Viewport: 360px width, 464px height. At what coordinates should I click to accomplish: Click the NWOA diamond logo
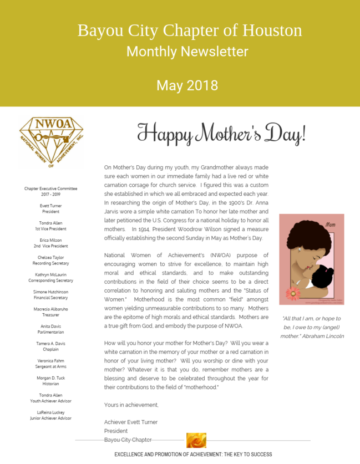click(x=51, y=142)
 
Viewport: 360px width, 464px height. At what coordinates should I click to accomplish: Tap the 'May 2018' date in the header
click(x=187, y=85)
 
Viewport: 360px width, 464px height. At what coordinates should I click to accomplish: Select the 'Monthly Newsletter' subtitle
click(x=187, y=52)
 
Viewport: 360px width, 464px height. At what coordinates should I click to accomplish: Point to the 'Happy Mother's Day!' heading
click(x=221, y=134)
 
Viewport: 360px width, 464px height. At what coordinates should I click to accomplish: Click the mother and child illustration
click(x=311, y=259)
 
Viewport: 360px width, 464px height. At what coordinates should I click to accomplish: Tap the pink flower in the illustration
click(x=292, y=293)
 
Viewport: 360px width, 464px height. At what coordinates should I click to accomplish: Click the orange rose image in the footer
click(x=196, y=441)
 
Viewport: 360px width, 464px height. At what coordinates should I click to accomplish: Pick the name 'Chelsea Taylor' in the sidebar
click(x=50, y=258)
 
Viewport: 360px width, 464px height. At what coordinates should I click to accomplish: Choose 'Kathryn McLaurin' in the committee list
click(x=50, y=275)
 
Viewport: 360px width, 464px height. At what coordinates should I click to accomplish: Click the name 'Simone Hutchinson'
click(x=50, y=292)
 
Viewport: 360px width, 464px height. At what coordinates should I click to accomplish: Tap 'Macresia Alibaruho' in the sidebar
click(x=50, y=309)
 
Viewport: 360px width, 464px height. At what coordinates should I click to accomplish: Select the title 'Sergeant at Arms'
click(x=50, y=366)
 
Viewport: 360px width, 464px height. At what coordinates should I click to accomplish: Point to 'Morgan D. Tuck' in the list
click(x=50, y=378)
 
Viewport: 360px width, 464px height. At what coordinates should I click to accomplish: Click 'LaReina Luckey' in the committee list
click(x=50, y=412)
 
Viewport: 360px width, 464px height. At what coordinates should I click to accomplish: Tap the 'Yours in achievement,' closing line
click(x=131, y=405)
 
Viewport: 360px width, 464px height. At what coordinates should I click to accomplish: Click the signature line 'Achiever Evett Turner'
click(x=131, y=422)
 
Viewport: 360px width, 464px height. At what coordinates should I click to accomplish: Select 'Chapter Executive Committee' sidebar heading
click(x=50, y=189)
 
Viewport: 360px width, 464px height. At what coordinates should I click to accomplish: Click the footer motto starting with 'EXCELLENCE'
click(x=193, y=455)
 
